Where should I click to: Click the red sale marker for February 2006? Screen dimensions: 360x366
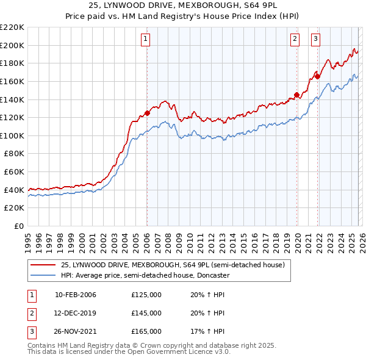[x=147, y=113]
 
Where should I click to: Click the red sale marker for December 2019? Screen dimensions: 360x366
[x=296, y=95]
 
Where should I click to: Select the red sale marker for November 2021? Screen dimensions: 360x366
[x=318, y=76]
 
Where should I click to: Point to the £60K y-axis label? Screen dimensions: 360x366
[x=15, y=172]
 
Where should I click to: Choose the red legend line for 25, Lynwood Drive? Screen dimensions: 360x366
[x=43, y=265]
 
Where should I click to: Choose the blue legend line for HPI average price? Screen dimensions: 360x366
[x=43, y=275]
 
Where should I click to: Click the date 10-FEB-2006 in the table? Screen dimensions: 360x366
[x=76, y=295]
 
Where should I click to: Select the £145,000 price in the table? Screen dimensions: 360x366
[x=146, y=313]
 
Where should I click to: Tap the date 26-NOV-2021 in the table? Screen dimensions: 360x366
[x=76, y=331]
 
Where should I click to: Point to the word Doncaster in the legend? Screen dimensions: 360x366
[x=211, y=275]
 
